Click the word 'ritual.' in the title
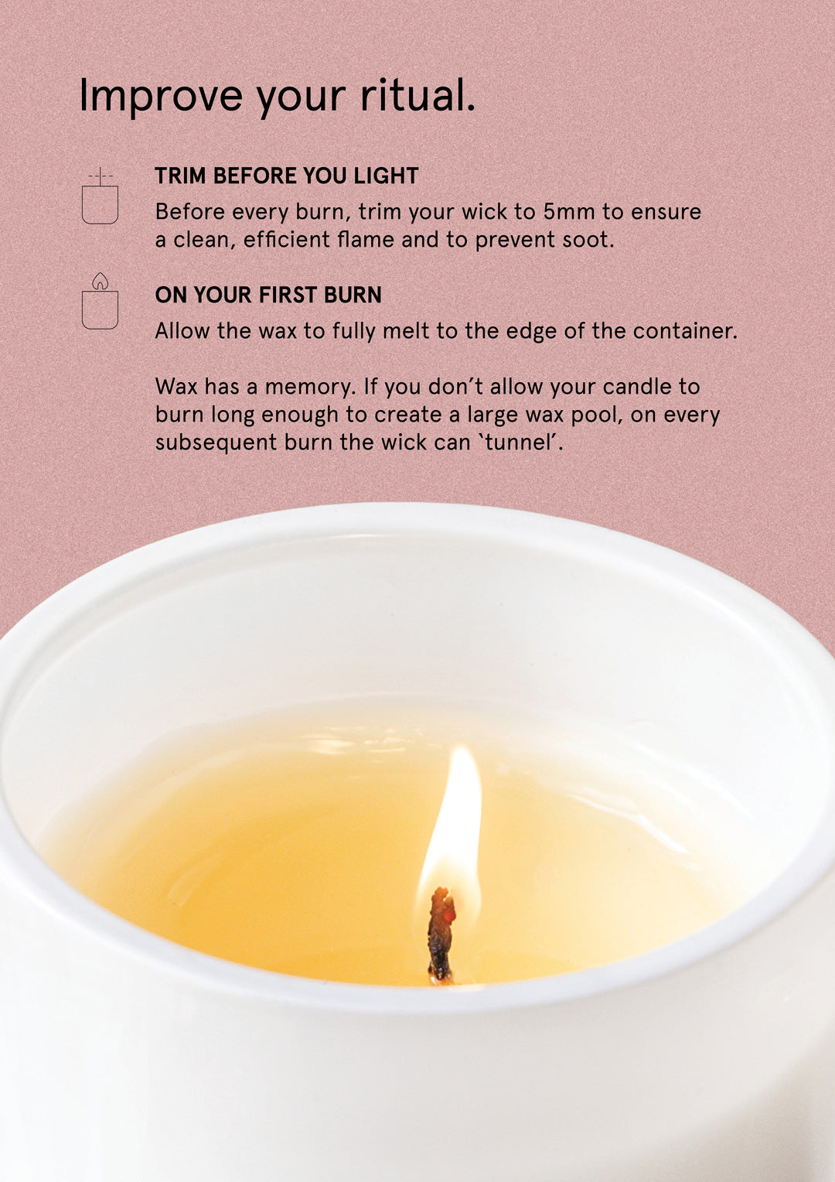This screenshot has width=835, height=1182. pyautogui.click(x=417, y=95)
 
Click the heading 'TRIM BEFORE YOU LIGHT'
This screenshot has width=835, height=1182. pyautogui.click(x=286, y=176)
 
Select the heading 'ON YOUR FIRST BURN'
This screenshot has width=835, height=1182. pyautogui.click(x=268, y=295)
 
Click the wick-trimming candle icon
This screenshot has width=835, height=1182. pyautogui.click(x=100, y=197)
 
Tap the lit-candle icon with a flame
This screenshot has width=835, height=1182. pyautogui.click(x=100, y=302)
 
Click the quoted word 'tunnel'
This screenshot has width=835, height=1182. pyautogui.click(x=523, y=442)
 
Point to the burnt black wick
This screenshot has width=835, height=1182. pyautogui.click(x=441, y=936)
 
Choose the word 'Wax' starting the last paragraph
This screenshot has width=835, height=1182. pyautogui.click(x=176, y=387)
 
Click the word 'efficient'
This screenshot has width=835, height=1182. pyautogui.click(x=286, y=240)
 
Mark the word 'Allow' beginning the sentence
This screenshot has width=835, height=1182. pyautogui.click(x=182, y=331)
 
